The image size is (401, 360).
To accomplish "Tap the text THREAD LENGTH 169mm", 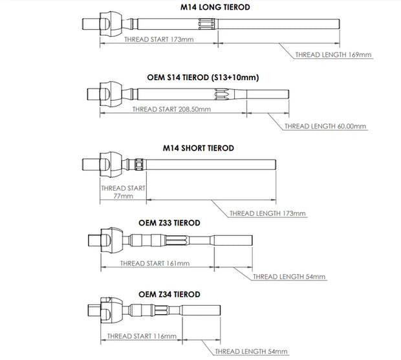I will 332,55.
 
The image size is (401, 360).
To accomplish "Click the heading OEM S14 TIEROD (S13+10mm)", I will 202,77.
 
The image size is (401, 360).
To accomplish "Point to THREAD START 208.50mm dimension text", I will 171,110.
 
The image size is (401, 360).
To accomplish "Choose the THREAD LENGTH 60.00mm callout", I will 325,126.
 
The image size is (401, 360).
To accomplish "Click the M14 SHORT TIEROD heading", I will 199,147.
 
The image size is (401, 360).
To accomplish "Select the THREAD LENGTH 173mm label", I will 268,213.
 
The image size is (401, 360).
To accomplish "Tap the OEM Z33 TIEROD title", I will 169,222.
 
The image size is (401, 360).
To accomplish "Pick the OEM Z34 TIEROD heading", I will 169,293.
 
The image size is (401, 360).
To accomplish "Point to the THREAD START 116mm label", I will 142,335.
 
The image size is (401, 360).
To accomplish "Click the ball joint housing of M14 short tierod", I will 112,164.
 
